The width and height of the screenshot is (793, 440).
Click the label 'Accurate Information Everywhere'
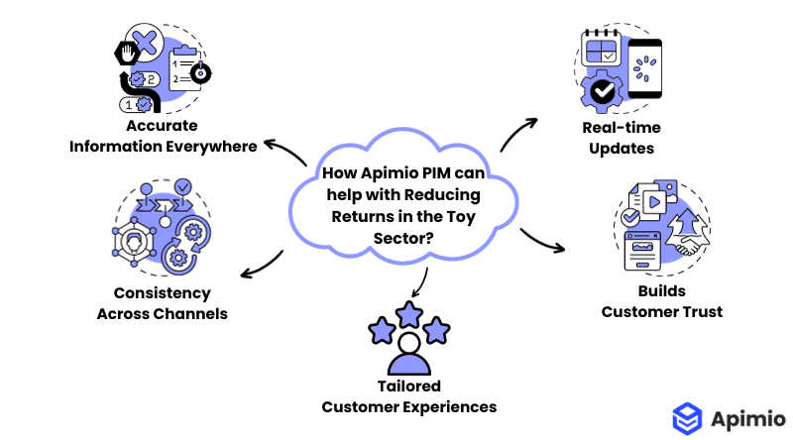(x=163, y=136)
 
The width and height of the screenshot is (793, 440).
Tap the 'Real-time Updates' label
(x=623, y=138)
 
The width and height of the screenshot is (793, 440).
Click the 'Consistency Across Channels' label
(x=162, y=303)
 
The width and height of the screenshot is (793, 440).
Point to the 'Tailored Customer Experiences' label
(x=408, y=396)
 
